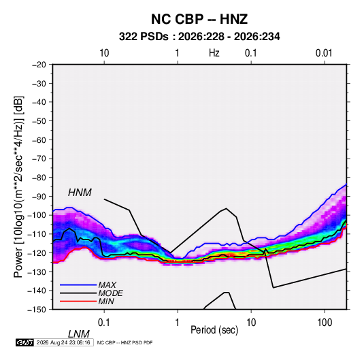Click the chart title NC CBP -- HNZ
point(199,19)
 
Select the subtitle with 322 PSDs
point(199,37)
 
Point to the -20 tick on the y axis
point(39,65)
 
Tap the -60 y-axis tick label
point(39,140)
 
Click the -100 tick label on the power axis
point(37,215)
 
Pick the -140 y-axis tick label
point(37,291)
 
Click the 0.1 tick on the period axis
point(103,323)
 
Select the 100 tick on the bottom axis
point(325,323)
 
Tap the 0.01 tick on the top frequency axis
point(324,53)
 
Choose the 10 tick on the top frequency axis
point(104,53)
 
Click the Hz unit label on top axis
point(214,53)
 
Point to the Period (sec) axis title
point(214,330)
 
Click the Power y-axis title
point(18,186)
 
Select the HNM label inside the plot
point(80,193)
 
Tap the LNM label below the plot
point(78,334)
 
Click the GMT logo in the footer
point(24,342)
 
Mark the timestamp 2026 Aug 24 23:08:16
point(63,342)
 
